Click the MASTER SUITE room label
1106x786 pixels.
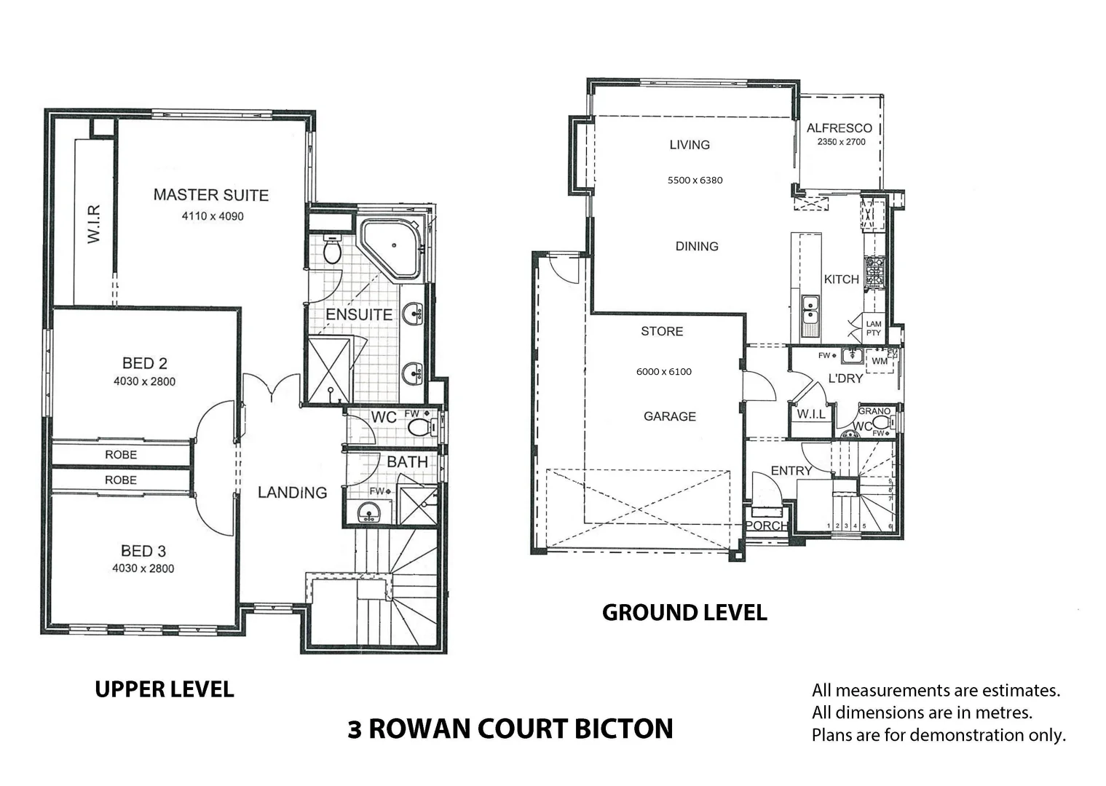pyautogui.click(x=210, y=195)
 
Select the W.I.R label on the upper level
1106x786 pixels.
pyautogui.click(x=94, y=223)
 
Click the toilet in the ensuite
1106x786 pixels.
pyautogui.click(x=332, y=250)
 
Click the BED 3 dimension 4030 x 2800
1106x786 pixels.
pyautogui.click(x=143, y=568)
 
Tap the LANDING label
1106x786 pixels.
pyautogui.click(x=292, y=493)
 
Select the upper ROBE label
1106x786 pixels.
pyautogui.click(x=121, y=455)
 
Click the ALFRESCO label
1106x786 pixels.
pyautogui.click(x=839, y=128)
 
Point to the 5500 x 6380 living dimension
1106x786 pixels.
pyautogui.click(x=695, y=180)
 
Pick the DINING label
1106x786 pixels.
pyautogui.click(x=697, y=247)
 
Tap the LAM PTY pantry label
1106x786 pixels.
pyautogui.click(x=873, y=328)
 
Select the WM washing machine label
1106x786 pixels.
pyautogui.click(x=879, y=361)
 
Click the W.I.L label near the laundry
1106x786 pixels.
pyautogui.click(x=810, y=414)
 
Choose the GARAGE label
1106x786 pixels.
pyautogui.click(x=669, y=416)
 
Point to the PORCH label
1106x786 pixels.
pyautogui.click(x=766, y=525)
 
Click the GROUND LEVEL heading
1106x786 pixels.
pyautogui.click(x=684, y=613)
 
